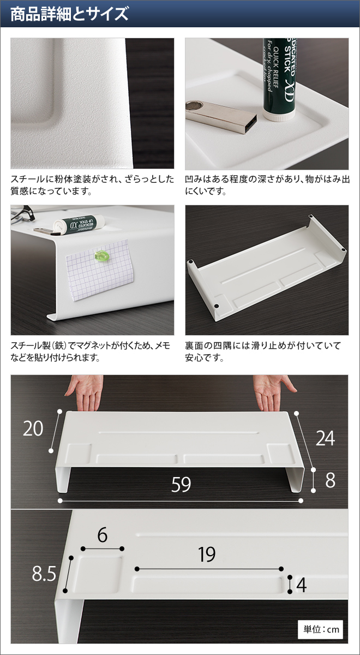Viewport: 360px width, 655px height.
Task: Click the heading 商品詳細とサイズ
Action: tap(69, 14)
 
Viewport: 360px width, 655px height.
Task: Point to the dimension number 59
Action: tap(181, 484)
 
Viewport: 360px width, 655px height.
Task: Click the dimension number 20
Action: tap(33, 429)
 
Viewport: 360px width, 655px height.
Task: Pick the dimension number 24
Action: tap(325, 438)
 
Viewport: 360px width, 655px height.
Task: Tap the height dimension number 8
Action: tap(330, 480)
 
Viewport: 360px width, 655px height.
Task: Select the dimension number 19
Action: tap(207, 555)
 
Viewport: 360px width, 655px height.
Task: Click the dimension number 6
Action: tap(102, 535)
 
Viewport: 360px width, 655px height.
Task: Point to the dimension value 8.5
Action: tap(44, 574)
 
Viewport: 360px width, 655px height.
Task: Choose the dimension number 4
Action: tap(302, 585)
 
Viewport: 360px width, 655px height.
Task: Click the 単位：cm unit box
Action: tap(321, 629)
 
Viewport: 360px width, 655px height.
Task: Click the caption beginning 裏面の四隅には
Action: tap(262, 352)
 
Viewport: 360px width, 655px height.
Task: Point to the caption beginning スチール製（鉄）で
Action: tap(90, 352)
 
